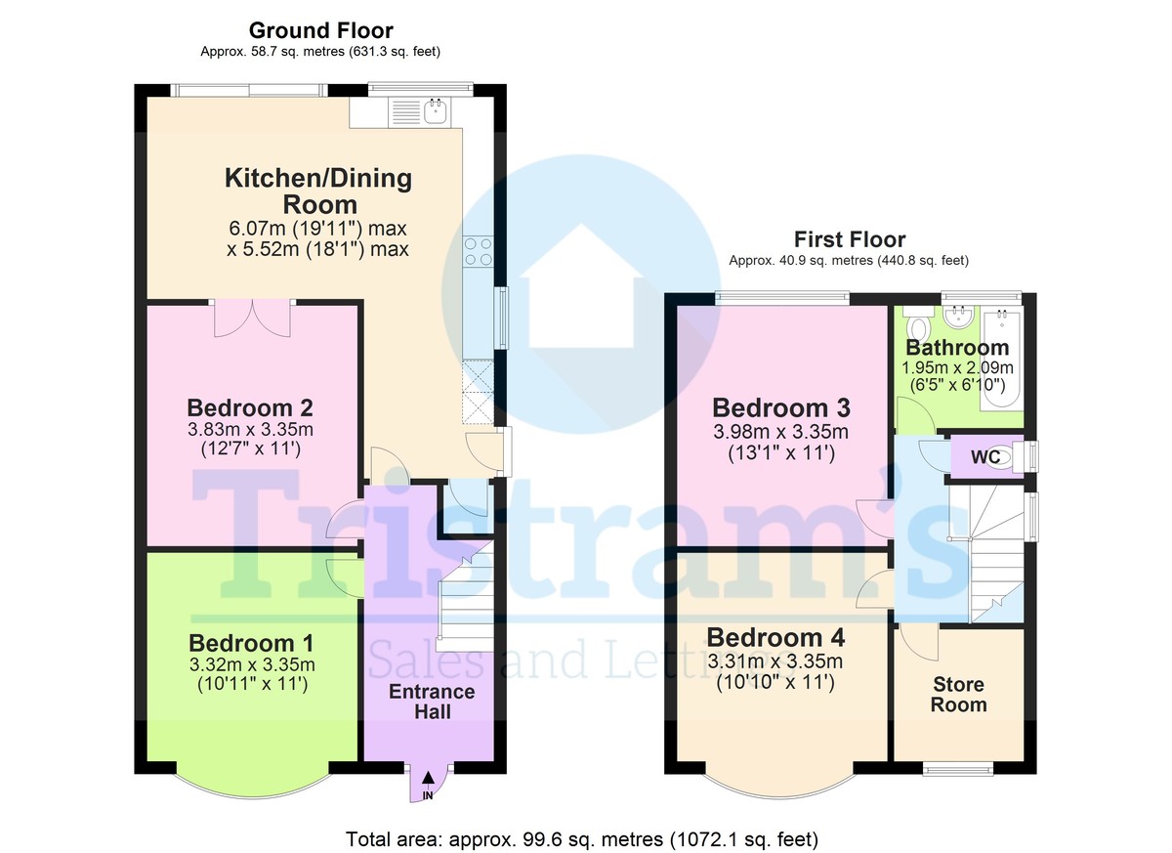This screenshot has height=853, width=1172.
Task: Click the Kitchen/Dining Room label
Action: (318, 192)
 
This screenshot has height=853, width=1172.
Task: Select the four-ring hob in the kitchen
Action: (479, 252)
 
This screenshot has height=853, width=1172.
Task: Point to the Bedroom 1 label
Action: (251, 643)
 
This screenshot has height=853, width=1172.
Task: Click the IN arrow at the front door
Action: (428, 783)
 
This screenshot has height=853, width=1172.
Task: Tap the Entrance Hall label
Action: (432, 702)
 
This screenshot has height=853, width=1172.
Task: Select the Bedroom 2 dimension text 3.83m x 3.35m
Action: (251, 430)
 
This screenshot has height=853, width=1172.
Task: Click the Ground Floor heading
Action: (320, 31)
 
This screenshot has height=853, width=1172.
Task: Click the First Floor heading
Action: (849, 239)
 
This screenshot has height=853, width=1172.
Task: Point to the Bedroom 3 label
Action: (781, 407)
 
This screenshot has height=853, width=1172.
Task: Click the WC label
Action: (984, 457)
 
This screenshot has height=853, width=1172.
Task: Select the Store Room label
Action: (958, 695)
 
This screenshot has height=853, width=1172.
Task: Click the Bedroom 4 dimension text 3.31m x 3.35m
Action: (776, 661)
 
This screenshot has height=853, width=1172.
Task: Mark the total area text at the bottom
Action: (582, 838)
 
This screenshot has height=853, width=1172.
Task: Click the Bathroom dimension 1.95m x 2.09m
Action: (957, 368)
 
